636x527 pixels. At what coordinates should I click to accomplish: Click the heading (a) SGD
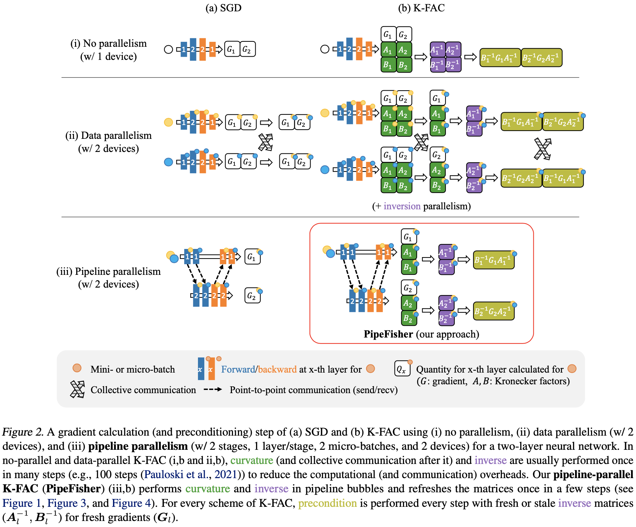223,8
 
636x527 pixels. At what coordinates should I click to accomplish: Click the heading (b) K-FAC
421,8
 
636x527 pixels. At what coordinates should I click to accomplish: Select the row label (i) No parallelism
108,44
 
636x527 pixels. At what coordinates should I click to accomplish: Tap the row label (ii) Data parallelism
108,136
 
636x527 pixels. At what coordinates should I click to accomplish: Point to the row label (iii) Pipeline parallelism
108,272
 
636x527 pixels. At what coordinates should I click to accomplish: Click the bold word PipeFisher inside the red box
388,334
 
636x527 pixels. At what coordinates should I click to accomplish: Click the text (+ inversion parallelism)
421,206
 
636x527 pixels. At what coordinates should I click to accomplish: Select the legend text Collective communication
143,390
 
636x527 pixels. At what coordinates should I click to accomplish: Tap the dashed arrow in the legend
213,390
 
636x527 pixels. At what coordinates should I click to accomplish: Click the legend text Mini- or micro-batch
132,369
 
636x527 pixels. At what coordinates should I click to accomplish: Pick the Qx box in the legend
402,369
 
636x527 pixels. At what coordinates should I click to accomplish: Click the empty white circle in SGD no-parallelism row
169,50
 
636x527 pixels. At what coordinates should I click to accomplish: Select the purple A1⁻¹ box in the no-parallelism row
437,50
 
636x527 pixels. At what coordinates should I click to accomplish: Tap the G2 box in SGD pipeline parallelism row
252,296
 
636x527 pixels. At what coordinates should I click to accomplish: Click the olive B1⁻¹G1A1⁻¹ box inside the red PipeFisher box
493,260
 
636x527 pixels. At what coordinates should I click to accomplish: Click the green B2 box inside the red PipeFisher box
408,318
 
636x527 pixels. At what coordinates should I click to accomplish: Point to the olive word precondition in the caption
327,503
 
